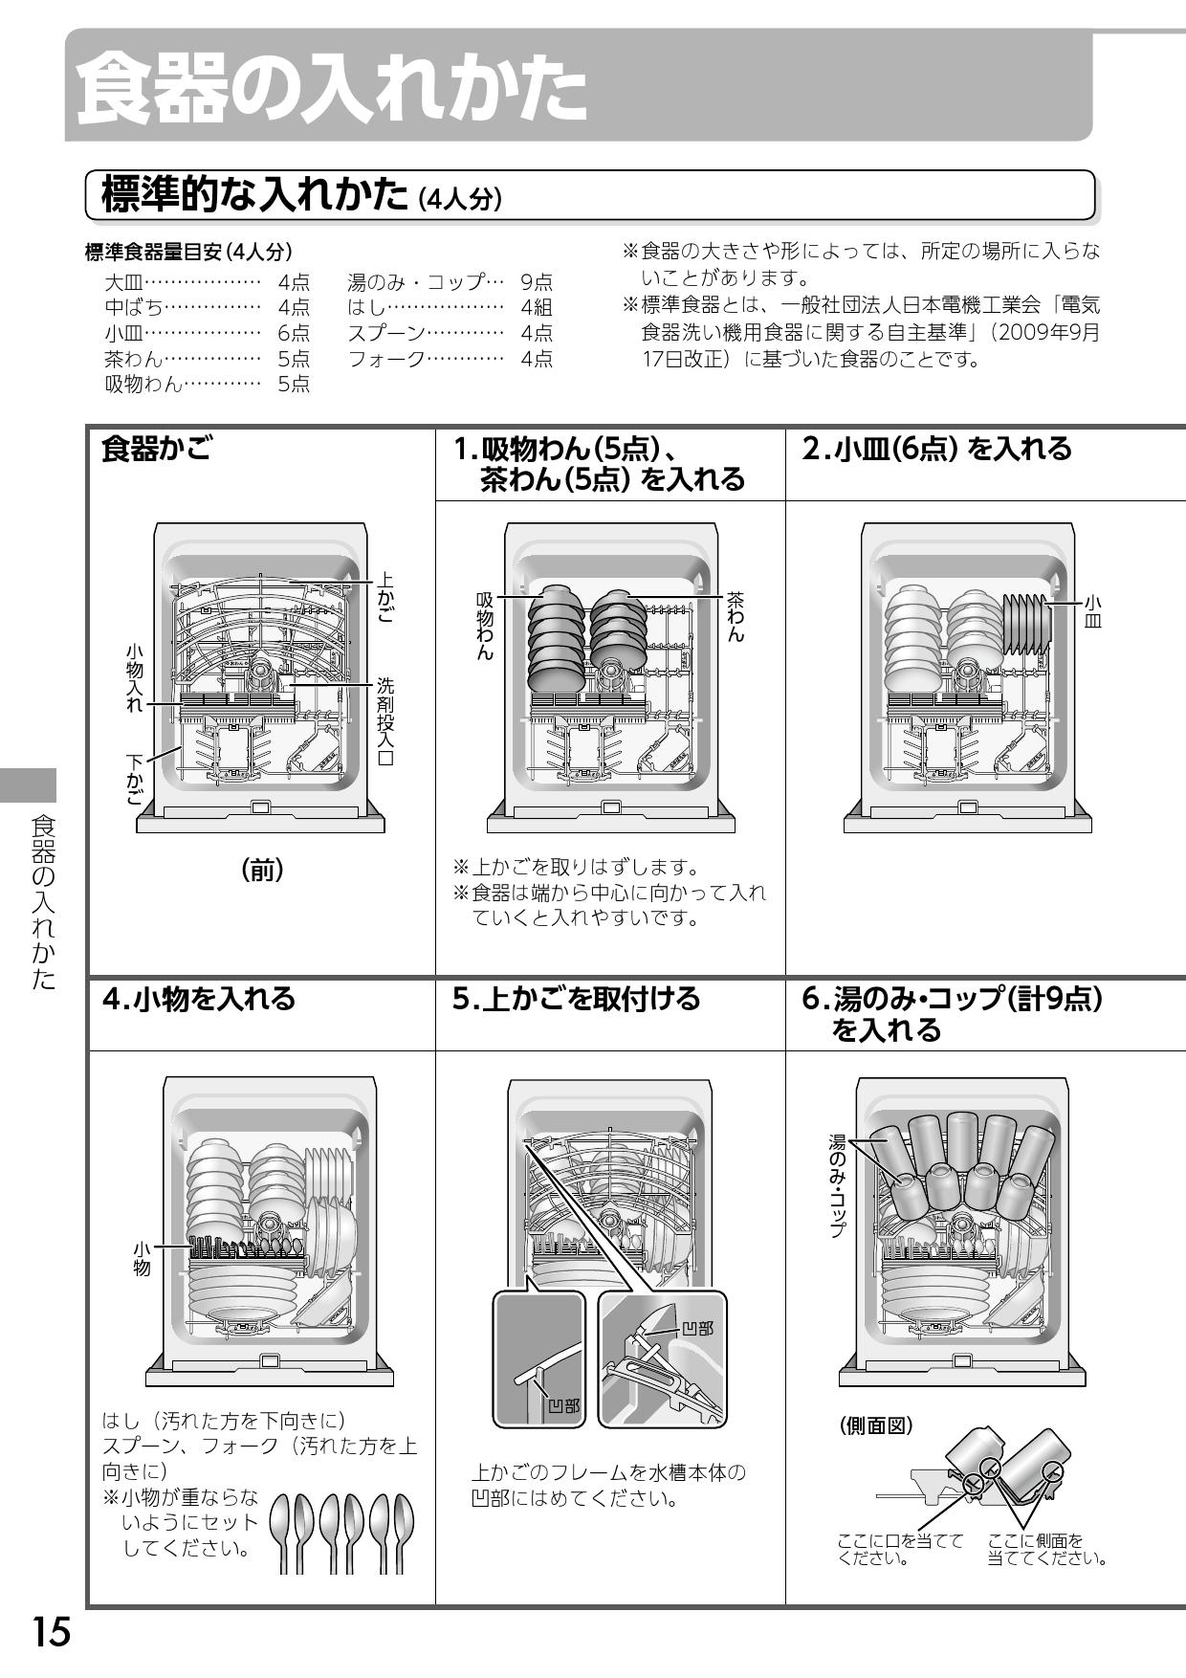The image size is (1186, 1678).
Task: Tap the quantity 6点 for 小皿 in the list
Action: tap(294, 333)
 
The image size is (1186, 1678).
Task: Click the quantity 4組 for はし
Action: tap(537, 307)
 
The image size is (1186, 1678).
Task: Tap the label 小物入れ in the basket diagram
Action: tap(135, 677)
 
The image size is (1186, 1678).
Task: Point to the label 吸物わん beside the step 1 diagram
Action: tap(485, 626)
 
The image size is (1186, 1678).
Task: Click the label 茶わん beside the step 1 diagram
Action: tap(735, 616)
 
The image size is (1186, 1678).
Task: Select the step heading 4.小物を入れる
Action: tap(199, 1000)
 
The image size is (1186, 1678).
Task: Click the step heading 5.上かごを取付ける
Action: tap(576, 1000)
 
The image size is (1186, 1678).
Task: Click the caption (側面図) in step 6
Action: tap(876, 1425)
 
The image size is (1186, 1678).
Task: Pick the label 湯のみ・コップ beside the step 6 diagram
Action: tap(837, 1185)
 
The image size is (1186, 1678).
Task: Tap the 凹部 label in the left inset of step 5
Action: tap(563, 1405)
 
